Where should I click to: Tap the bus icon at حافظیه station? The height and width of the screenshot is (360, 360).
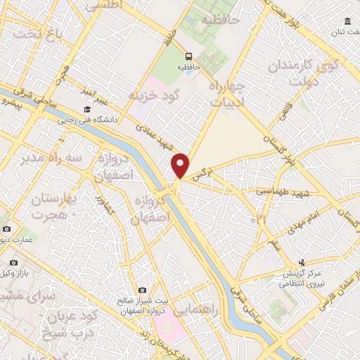[188, 56]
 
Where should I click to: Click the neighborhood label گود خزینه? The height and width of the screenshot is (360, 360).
[155, 94]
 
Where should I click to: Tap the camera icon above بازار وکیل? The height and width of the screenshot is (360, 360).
[6, 229]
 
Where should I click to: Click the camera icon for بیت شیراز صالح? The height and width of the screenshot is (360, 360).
[142, 290]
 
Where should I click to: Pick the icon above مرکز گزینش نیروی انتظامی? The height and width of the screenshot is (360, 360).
[302, 262]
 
